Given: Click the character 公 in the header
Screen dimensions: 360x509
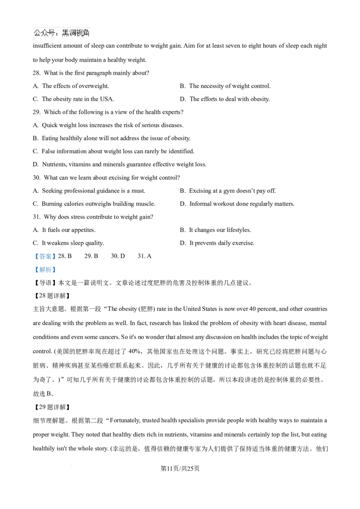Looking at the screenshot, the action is (38, 33).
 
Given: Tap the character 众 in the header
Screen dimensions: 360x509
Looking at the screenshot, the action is (45, 33).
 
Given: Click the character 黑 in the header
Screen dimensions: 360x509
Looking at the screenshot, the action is (65, 33).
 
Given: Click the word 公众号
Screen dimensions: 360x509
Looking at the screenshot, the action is (45, 33).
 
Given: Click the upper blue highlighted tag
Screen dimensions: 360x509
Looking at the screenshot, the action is (45, 257).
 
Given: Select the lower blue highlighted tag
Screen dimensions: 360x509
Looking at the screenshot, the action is (45, 270).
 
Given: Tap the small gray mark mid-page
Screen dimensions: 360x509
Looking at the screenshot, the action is (130, 286).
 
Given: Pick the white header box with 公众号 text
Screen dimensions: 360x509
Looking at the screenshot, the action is (61, 34).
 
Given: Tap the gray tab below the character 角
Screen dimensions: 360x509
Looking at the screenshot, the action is (88, 42).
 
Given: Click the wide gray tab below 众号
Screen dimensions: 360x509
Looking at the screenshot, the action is (49, 42).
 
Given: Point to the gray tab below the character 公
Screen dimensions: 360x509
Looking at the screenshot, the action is (34, 42).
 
